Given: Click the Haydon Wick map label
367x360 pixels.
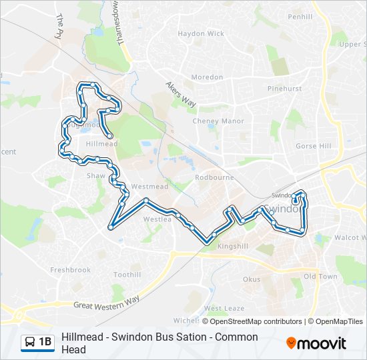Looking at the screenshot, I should tap(201, 33).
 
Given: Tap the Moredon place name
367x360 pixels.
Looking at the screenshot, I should tap(207, 77).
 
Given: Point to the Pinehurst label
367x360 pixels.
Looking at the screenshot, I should tap(285, 89).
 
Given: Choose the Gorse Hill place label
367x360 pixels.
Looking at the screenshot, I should tap(313, 146).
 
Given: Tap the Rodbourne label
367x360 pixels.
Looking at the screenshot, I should tap(212, 178).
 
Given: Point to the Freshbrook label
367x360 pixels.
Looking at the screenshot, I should tap(70, 270).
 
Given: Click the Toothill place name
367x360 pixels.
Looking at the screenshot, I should tap(127, 275).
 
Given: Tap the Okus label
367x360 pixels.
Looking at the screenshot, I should tap(252, 279).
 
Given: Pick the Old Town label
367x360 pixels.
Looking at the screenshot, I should tap(320, 276).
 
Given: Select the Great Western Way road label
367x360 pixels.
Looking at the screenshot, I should tap(106, 303).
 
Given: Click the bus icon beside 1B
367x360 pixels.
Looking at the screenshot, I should tap(30, 342).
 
